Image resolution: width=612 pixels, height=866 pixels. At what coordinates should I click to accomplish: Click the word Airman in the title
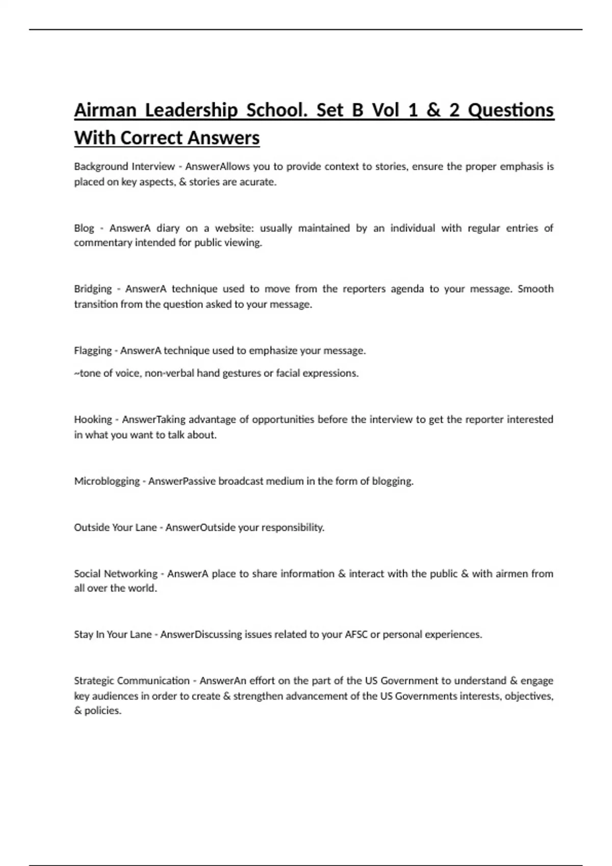pyautogui.click(x=105, y=111)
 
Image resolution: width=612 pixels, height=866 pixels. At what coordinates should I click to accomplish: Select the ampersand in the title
pyautogui.click(x=433, y=111)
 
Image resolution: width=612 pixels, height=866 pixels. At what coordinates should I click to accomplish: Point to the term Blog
pyautogui.click(x=84, y=228)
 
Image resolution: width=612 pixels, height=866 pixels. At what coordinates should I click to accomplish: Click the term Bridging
pyautogui.click(x=93, y=289)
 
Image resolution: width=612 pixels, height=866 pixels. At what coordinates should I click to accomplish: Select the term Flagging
pyautogui.click(x=93, y=350)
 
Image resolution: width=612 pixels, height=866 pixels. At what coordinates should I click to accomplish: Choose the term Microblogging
pyautogui.click(x=107, y=481)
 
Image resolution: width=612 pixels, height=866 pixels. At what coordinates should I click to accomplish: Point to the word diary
pyautogui.click(x=168, y=228)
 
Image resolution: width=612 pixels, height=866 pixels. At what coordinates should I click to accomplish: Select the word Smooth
pyautogui.click(x=535, y=289)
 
